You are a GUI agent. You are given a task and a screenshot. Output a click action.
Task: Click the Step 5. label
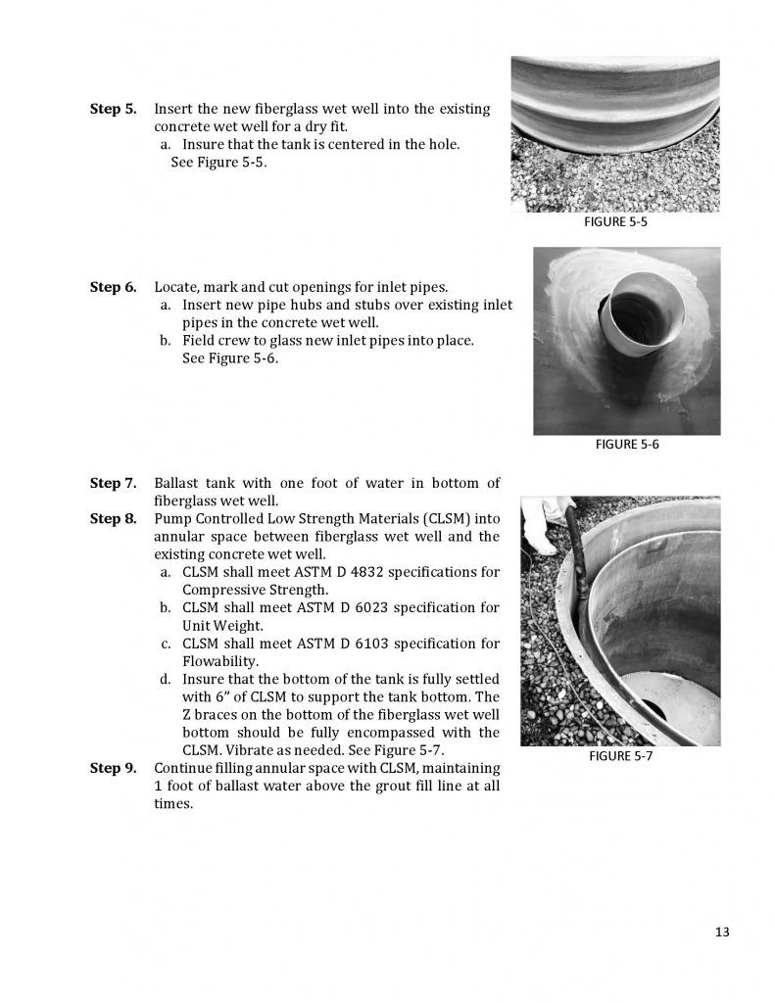coord(113,109)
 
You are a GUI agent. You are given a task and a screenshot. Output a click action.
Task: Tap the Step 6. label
coord(113,287)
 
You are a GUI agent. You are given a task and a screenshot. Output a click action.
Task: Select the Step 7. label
coord(113,483)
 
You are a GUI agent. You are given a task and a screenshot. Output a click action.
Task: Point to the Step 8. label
coord(113,518)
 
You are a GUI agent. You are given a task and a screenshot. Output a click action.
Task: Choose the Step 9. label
coord(113,768)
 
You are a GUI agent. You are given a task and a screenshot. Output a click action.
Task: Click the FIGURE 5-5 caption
coord(615,222)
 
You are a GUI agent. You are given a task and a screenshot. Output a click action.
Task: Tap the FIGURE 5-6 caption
coord(627,445)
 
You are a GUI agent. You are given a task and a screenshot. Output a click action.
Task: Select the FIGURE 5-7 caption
coord(620,755)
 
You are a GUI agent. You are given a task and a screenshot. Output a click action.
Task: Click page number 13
coord(722,931)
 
